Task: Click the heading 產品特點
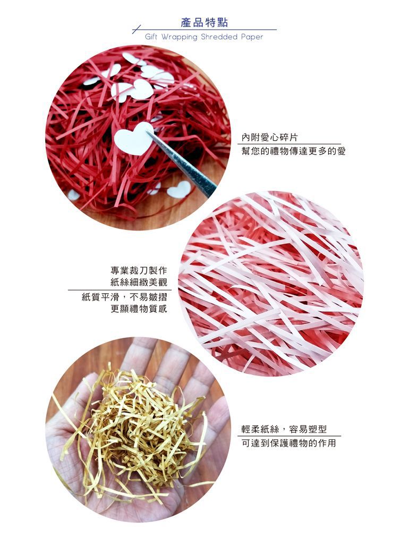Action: click(x=204, y=23)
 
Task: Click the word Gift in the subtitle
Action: click(x=151, y=37)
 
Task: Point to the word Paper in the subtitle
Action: click(x=252, y=37)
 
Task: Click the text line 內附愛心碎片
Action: click(x=269, y=138)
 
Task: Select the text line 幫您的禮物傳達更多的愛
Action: click(x=293, y=151)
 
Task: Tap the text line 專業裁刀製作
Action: click(x=139, y=270)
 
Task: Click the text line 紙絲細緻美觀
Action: click(x=139, y=283)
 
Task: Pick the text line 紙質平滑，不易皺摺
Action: click(x=124, y=297)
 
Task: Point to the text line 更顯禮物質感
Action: click(x=139, y=309)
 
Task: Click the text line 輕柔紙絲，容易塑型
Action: click(x=284, y=429)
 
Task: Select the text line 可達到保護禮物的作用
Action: click(x=289, y=443)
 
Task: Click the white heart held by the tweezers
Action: click(x=133, y=139)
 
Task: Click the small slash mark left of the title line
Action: click(x=137, y=30)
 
